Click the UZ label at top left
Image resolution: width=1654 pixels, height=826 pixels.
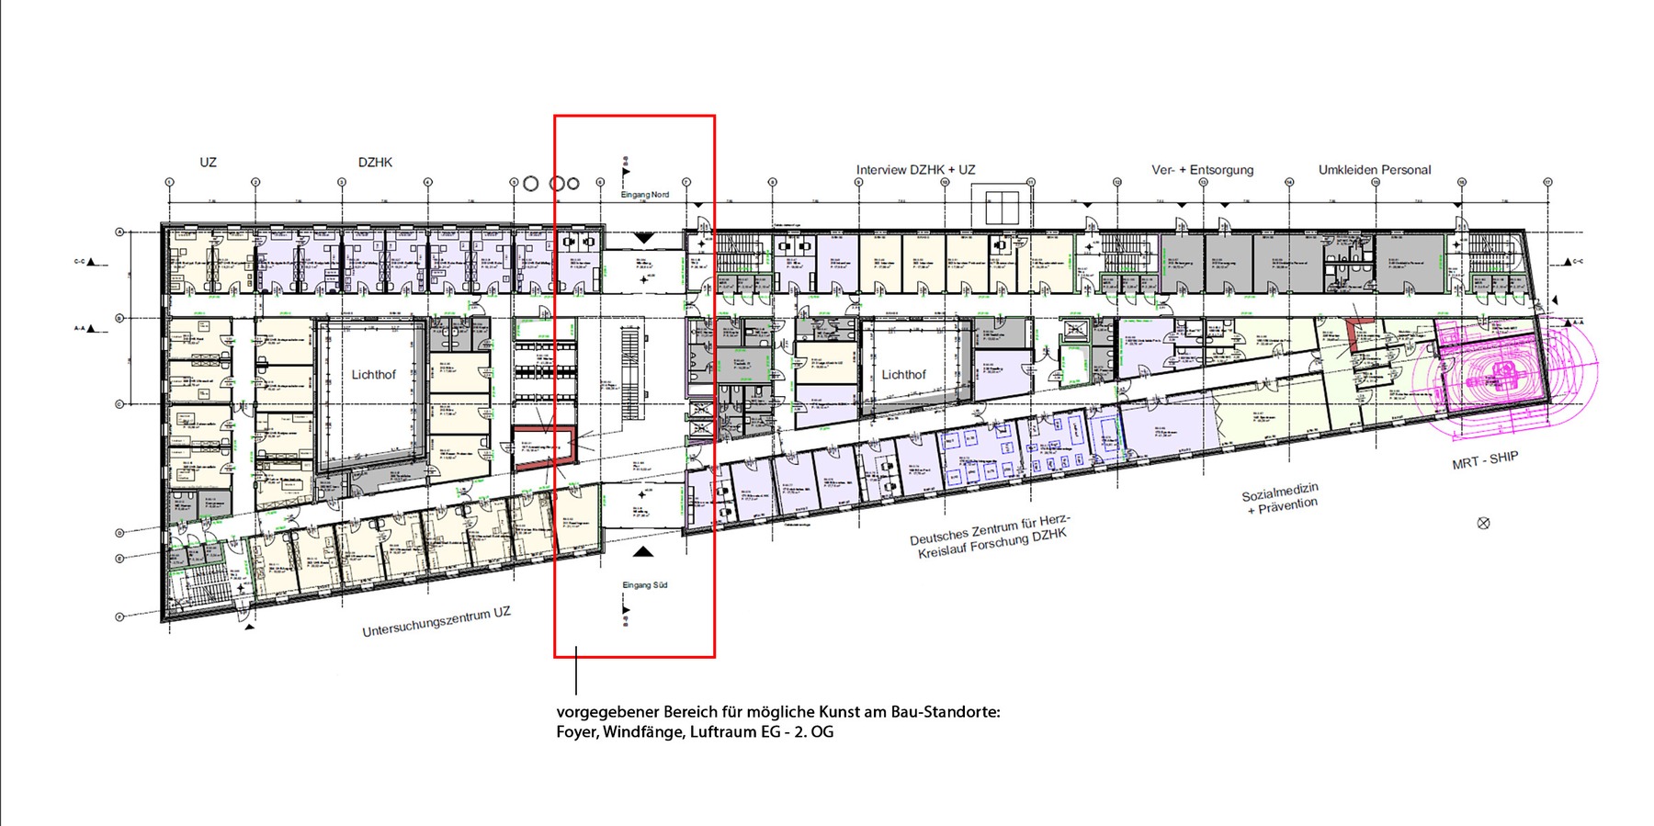coord(208,163)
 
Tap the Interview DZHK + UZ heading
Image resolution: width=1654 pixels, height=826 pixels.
coord(915,170)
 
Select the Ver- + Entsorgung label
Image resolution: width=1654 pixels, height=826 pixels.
coord(1202,170)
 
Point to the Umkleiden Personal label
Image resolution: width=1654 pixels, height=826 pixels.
coord(1374,170)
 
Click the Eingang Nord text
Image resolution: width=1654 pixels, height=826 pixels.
coord(645,195)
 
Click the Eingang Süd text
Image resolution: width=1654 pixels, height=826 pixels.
coord(644,585)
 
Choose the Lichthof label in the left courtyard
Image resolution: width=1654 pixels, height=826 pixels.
coord(373,375)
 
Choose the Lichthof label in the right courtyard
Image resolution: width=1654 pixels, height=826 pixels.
coord(903,375)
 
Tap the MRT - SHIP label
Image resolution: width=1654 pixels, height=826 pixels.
coord(1484,460)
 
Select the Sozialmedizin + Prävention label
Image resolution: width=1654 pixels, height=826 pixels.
coord(1281,501)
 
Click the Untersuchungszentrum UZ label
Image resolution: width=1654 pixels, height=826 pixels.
coord(436,622)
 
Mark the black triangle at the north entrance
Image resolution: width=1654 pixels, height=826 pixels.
coord(644,237)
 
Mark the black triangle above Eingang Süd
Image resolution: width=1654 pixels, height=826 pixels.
coord(643,551)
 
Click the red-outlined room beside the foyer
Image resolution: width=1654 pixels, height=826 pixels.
coord(542,448)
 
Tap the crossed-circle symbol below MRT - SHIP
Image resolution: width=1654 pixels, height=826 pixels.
coord(1483,523)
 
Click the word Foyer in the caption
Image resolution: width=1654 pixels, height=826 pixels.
coord(576,732)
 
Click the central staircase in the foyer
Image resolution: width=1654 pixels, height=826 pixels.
coord(629,372)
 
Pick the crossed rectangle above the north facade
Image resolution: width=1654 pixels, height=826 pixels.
coord(1004,208)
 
